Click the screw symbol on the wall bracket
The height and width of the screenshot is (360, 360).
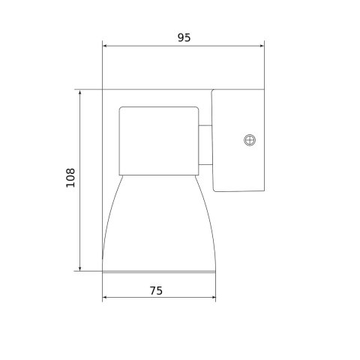[250, 139]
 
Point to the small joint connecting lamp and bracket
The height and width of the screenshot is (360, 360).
[205, 145]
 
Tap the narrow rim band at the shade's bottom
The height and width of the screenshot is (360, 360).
[158, 267]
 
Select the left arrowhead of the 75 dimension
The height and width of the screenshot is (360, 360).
[105, 298]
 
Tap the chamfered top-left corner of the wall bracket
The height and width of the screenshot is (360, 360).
[214, 91]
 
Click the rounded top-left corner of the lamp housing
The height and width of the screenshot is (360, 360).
[121, 109]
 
